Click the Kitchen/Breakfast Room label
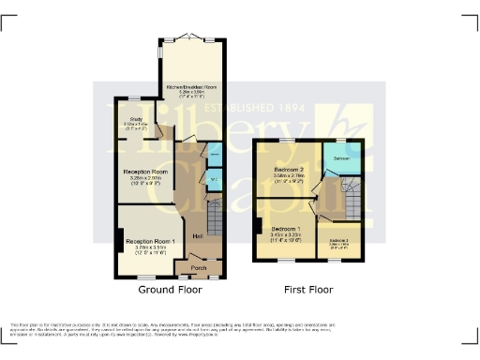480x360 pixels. [191, 86]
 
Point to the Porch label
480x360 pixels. [199, 268]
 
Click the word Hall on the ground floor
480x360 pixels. [198, 235]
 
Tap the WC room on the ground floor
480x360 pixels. [214, 178]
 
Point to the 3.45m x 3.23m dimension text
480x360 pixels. [286, 235]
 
